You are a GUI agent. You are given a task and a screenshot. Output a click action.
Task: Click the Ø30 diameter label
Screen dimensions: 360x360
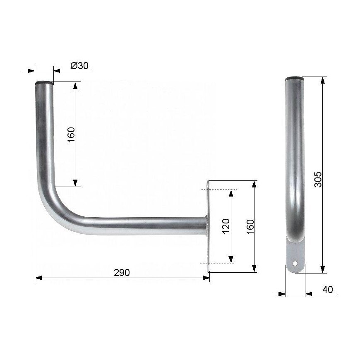click(x=79, y=66)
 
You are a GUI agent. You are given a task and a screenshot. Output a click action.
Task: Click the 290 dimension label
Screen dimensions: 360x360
click(x=122, y=273)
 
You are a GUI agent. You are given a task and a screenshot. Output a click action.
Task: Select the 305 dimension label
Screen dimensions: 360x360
click(x=318, y=179)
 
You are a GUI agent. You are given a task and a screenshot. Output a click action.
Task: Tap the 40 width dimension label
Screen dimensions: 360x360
click(x=328, y=290)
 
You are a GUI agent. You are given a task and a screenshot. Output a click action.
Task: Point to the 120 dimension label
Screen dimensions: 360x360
click(x=226, y=226)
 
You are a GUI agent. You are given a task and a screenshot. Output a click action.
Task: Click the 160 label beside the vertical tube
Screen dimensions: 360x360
click(x=72, y=135)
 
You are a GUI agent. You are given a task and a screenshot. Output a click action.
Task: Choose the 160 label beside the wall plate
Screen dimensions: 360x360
click(x=250, y=227)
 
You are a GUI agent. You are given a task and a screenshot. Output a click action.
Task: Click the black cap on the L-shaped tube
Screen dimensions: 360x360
click(x=44, y=83)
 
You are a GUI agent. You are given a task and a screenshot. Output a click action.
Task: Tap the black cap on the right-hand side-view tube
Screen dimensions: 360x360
click(x=295, y=78)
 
